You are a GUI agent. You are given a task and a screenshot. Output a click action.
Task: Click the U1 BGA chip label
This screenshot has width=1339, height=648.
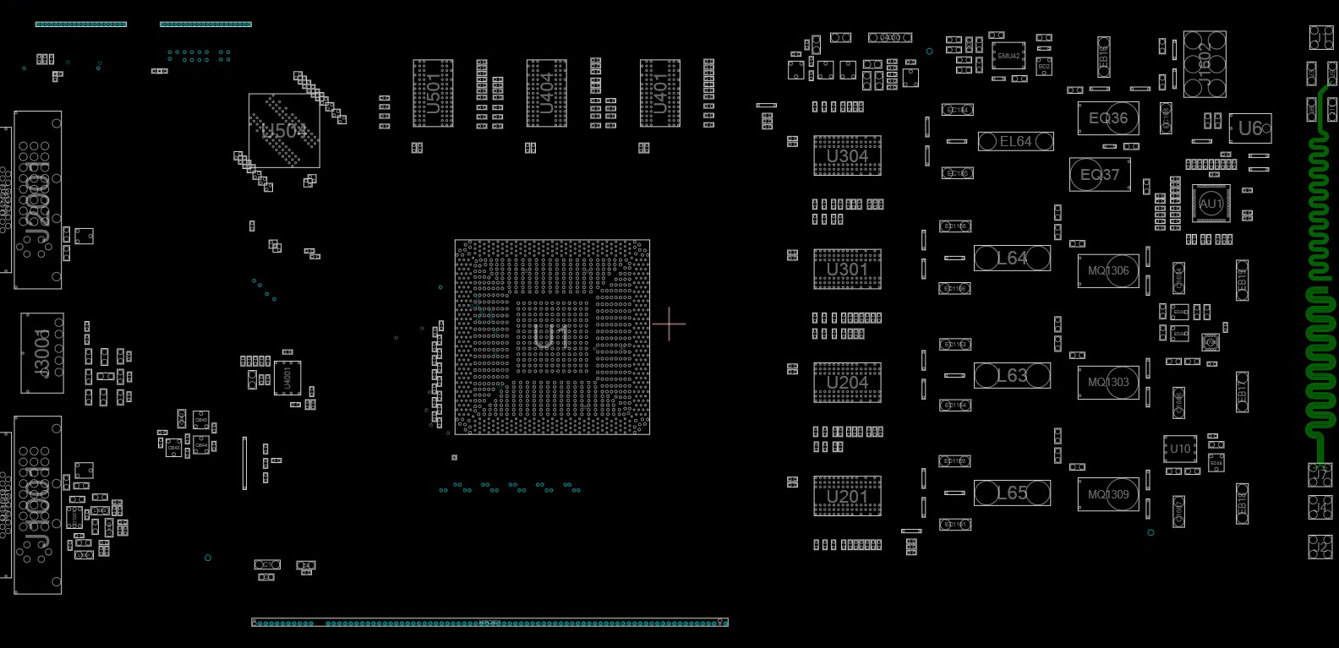551,337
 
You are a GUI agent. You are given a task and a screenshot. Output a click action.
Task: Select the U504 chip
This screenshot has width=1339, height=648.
284,131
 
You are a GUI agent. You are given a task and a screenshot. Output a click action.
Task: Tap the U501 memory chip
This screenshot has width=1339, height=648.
433,93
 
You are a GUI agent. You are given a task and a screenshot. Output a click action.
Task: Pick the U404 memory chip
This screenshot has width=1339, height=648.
546,93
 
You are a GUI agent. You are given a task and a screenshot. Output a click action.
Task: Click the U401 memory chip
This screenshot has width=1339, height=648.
659,93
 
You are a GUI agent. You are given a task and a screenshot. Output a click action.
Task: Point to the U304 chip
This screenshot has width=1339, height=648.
847,155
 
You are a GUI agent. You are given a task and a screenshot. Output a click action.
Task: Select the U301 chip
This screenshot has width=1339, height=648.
847,270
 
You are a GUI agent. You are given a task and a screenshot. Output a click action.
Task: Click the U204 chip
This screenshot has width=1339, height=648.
847,382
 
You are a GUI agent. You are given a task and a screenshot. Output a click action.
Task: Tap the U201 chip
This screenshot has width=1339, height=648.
847,496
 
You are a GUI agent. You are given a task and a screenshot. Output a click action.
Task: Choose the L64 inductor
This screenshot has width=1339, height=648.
1012,258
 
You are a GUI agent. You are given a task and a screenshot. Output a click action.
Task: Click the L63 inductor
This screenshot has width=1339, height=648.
1012,375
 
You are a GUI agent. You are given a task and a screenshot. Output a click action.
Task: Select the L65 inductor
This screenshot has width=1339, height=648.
1012,493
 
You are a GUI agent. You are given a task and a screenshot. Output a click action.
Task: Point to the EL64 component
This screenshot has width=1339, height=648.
1015,141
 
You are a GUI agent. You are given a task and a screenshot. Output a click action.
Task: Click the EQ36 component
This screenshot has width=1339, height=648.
1107,118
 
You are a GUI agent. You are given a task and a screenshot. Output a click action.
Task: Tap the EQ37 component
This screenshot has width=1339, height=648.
1099,175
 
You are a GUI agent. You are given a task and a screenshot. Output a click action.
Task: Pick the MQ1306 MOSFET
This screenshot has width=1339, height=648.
1107,271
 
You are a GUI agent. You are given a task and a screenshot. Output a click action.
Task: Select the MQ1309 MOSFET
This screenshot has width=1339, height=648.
1107,494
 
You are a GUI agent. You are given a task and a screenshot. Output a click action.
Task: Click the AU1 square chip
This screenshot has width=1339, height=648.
1211,204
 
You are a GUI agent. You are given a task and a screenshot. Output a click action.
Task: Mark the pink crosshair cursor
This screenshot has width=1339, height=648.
669,324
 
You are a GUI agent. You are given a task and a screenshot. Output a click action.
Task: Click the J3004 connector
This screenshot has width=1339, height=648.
41,352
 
